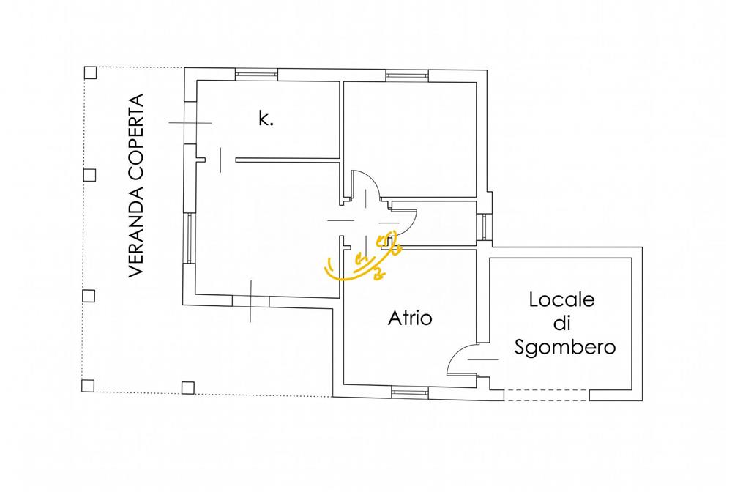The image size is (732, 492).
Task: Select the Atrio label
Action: click(x=410, y=318)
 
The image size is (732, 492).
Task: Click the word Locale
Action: click(x=561, y=299)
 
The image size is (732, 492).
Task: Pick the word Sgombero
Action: click(x=565, y=348)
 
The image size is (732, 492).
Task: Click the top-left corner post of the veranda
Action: click(x=90, y=72)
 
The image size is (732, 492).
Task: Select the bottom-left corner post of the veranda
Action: click(x=88, y=386)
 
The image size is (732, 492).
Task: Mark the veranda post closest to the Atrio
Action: click(x=187, y=387)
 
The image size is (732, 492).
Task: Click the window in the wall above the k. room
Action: click(x=255, y=74)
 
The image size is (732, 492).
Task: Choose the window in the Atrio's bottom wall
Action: click(x=410, y=393)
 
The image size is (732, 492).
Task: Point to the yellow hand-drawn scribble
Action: click(x=363, y=258)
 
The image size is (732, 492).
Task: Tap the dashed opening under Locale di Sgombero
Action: click(x=547, y=395)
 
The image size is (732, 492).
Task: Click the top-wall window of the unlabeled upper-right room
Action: click(x=408, y=75)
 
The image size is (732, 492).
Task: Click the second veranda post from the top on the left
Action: click(x=89, y=175)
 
